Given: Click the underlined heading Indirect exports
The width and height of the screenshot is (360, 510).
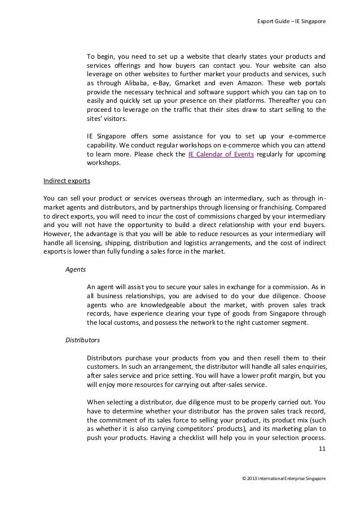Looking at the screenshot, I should pos(67,182).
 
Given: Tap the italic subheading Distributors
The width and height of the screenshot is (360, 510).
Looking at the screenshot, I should pos(82,341).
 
